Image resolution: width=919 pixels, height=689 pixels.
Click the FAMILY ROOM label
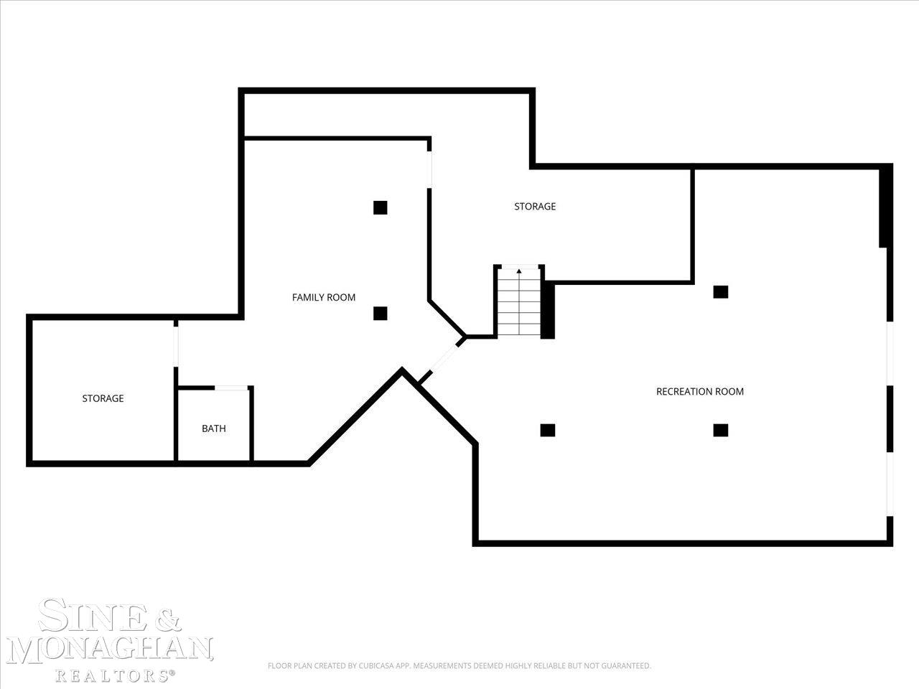tap(324, 297)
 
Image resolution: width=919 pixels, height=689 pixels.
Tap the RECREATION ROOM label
tap(700, 392)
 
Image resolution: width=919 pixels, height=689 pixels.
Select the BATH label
tap(213, 428)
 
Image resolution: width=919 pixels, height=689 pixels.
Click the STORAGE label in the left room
tap(103, 398)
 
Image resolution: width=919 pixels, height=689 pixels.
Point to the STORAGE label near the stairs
tap(535, 206)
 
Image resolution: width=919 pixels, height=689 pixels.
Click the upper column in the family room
tap(380, 207)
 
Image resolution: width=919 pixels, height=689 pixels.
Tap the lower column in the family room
tap(380, 314)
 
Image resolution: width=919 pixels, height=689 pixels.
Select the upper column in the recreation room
tap(721, 292)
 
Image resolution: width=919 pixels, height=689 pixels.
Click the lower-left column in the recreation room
tap(548, 430)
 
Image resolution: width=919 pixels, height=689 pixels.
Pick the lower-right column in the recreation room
tap(721, 430)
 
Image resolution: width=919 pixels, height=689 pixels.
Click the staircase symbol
tap(519, 301)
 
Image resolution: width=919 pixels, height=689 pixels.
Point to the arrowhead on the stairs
tap(519, 271)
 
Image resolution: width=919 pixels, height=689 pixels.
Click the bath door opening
tap(231, 388)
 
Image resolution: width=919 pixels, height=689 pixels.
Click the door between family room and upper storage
tap(429, 169)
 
